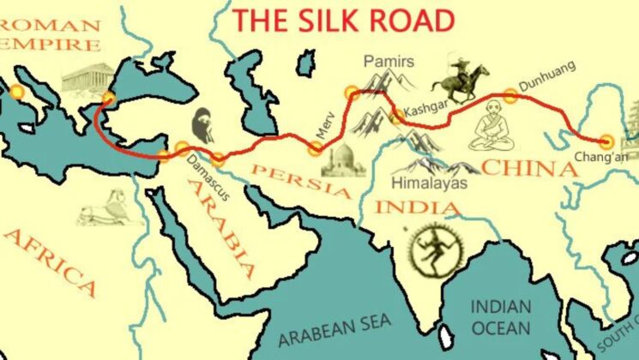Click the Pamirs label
click(x=388, y=62)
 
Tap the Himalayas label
click(x=429, y=183)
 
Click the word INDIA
click(x=406, y=207)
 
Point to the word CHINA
click(x=529, y=168)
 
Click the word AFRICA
click(x=50, y=262)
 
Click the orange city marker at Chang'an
click(x=608, y=142)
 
